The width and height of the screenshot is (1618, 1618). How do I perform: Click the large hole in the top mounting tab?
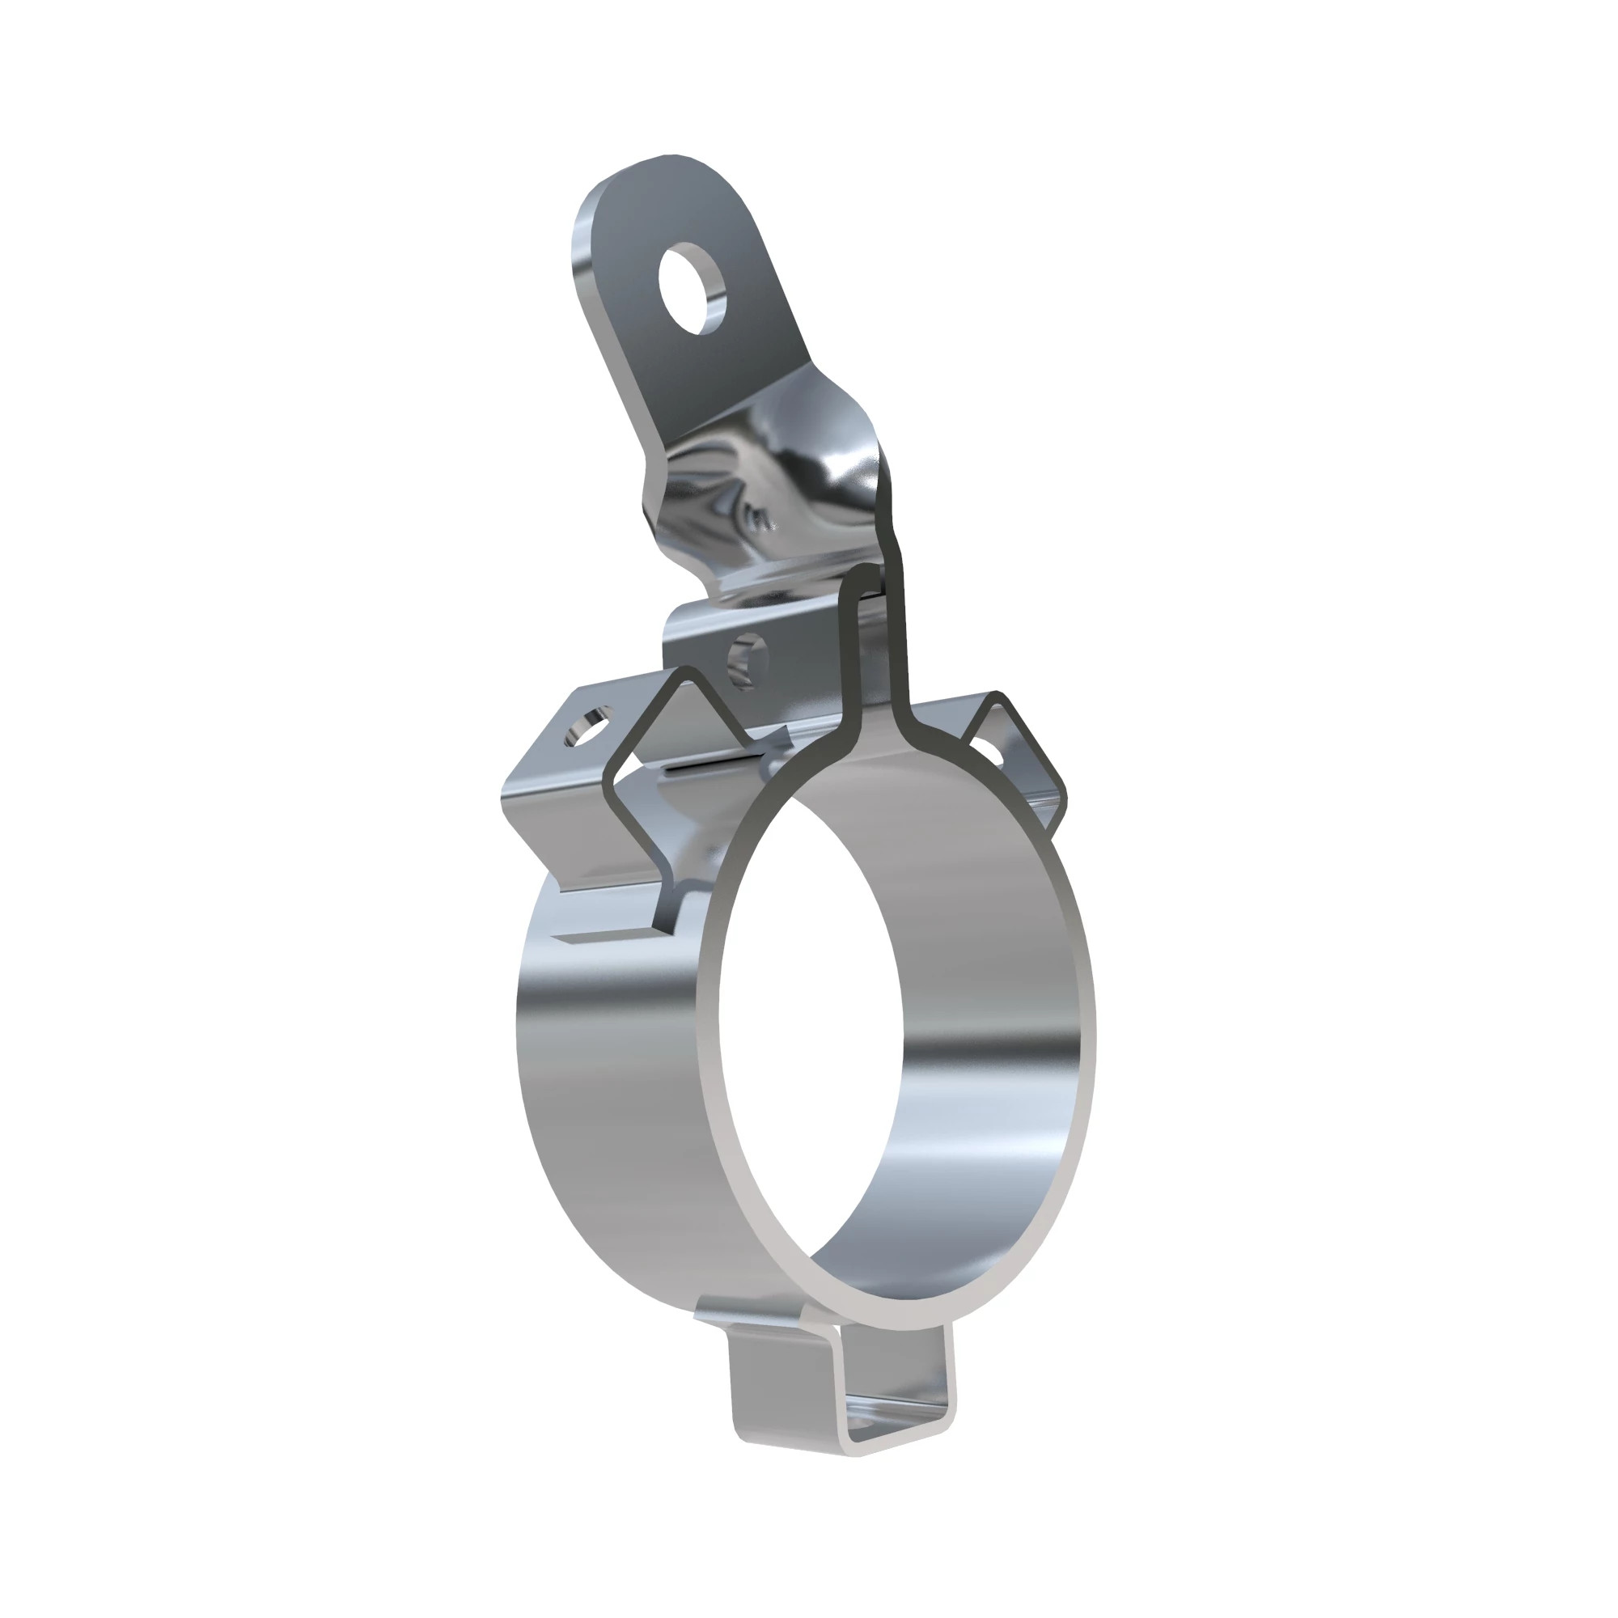tap(692, 288)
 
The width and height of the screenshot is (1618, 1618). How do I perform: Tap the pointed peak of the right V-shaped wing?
tap(997, 695)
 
